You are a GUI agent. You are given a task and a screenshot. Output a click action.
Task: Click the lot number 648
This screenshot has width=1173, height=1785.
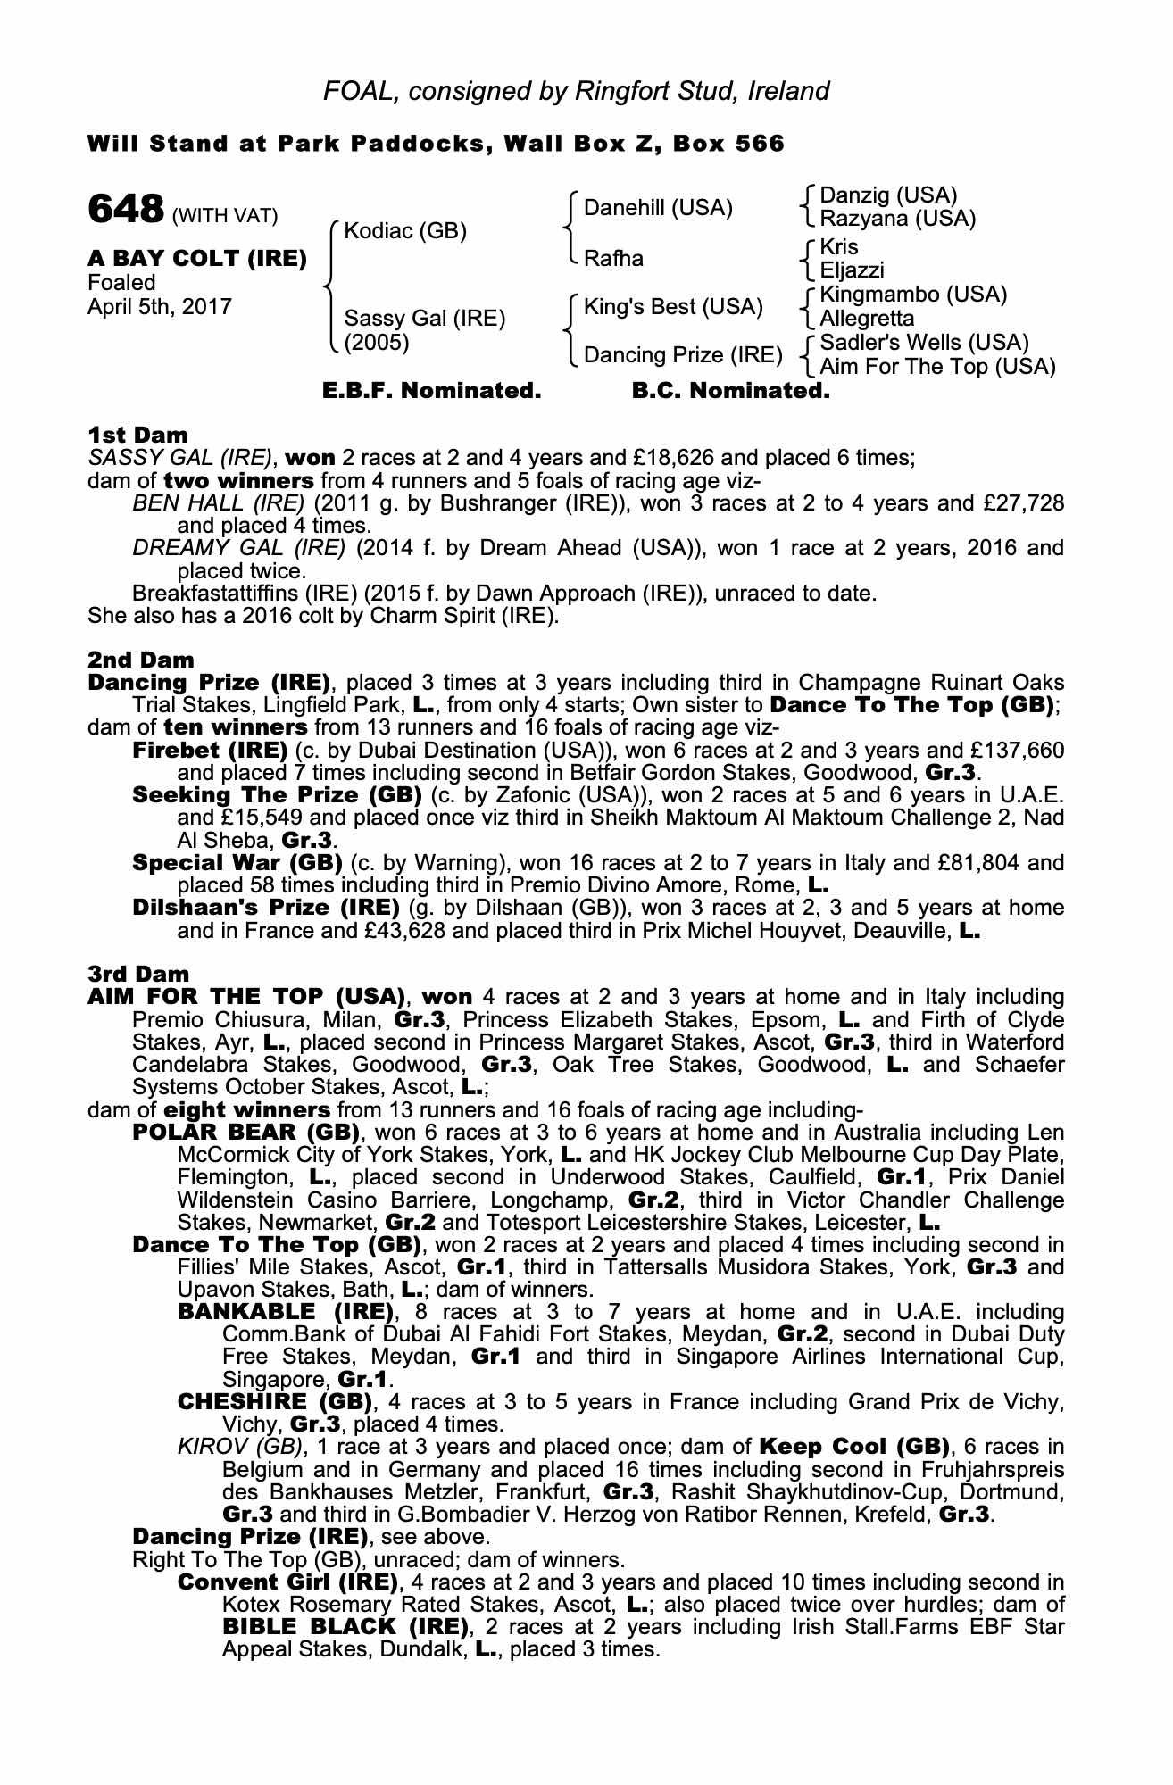click(x=125, y=210)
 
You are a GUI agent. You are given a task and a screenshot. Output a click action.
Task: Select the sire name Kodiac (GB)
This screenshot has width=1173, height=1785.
click(x=405, y=232)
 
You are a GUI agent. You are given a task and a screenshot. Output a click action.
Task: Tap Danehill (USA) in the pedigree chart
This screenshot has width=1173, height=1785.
click(x=658, y=208)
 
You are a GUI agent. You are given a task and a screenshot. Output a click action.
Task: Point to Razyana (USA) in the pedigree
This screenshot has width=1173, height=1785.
click(x=897, y=219)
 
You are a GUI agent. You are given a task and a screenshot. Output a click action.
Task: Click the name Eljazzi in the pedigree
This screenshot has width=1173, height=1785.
click(x=852, y=270)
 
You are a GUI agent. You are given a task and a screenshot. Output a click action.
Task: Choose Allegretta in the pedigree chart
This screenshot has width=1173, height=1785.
click(x=866, y=319)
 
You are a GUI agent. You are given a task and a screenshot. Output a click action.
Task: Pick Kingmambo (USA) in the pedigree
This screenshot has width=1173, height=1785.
click(x=913, y=295)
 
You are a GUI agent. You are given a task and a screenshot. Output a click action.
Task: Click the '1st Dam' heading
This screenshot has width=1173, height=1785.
click(x=137, y=436)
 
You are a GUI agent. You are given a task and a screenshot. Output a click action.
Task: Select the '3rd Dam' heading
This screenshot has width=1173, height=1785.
click(x=138, y=975)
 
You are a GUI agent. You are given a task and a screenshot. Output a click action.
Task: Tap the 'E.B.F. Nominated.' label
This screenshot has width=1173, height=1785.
click(x=431, y=391)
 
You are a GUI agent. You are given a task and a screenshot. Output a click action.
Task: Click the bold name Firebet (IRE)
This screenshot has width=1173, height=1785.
click(x=210, y=750)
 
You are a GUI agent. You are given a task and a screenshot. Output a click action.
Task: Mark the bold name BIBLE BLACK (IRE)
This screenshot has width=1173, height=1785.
click(x=345, y=1626)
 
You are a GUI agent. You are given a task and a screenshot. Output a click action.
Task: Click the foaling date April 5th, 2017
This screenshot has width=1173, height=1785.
click(x=160, y=307)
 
